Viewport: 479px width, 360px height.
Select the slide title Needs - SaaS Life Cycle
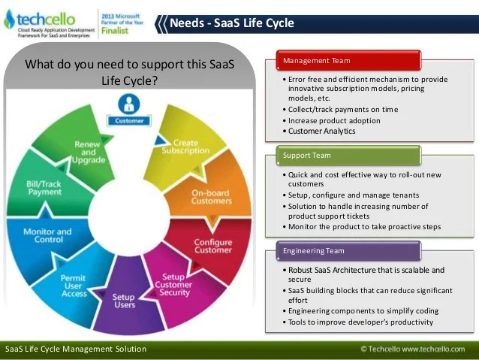click(x=232, y=23)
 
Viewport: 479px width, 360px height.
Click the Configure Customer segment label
click(x=212, y=247)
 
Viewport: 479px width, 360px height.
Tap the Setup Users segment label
click(x=124, y=301)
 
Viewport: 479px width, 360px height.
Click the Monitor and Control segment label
click(x=47, y=236)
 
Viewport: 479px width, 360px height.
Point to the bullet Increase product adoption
click(x=333, y=120)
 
